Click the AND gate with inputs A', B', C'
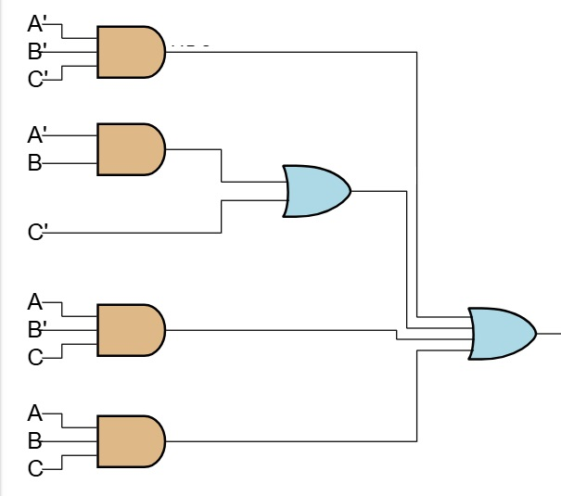131,52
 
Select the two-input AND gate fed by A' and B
131,149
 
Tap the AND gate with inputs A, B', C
131,329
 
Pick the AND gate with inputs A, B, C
131,440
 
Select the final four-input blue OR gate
502,334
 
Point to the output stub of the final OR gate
548,333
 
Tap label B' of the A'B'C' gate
37,52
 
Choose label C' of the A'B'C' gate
37,80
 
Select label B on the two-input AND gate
35,164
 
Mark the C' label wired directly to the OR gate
37,233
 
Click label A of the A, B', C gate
35,302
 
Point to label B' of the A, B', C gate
37,329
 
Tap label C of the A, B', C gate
35,358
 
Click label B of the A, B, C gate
35,440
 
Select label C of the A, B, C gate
35,469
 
